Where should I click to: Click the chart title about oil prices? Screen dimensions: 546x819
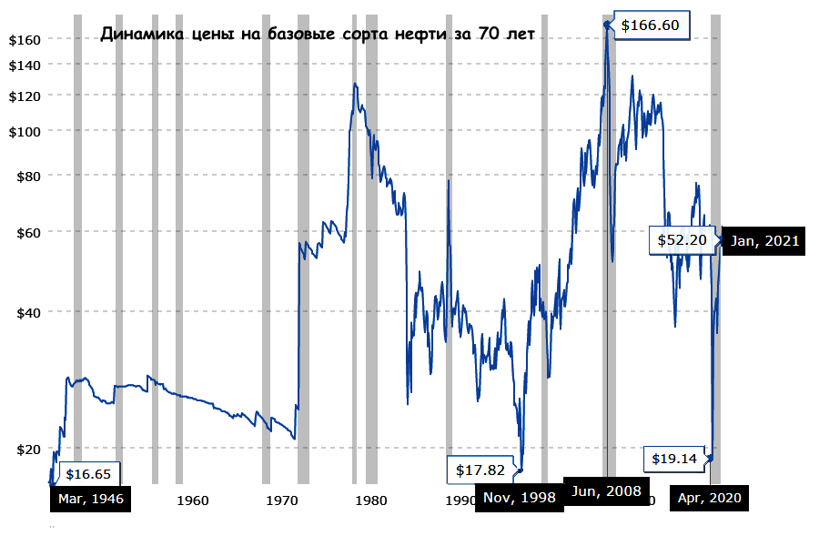(318, 35)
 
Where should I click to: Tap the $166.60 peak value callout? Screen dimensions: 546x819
(651, 25)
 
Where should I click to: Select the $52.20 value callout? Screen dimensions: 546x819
(682, 240)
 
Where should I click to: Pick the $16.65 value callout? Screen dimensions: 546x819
(88, 474)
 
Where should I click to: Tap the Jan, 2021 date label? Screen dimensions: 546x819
(765, 240)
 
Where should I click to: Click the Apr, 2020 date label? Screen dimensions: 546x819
(710, 499)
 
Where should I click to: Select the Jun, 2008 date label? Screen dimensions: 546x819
(607, 490)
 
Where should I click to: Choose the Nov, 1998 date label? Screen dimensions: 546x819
(520, 499)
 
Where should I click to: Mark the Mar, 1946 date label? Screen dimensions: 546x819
(90, 499)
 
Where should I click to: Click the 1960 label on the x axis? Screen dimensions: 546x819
(193, 500)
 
